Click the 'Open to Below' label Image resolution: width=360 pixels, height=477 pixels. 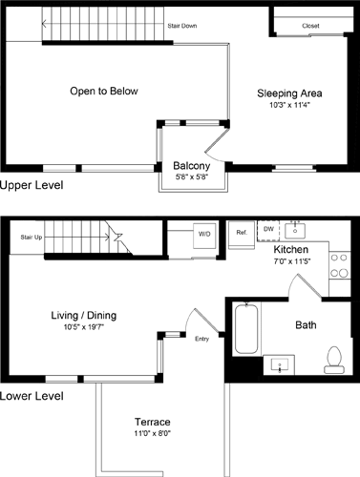(x=103, y=92)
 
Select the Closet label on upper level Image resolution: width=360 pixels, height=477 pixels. (x=310, y=26)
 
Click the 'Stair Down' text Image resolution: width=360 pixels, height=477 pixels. (x=181, y=26)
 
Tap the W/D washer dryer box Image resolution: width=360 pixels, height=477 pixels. (x=204, y=234)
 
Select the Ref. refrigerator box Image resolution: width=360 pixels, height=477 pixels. (x=242, y=233)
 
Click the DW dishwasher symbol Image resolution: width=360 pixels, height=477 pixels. (x=268, y=230)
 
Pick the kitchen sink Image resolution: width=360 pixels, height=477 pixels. (x=298, y=230)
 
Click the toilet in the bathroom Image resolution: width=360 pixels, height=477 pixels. (x=333, y=357)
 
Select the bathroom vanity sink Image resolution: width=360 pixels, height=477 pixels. (x=282, y=363)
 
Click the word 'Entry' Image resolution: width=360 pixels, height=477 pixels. (x=201, y=339)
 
